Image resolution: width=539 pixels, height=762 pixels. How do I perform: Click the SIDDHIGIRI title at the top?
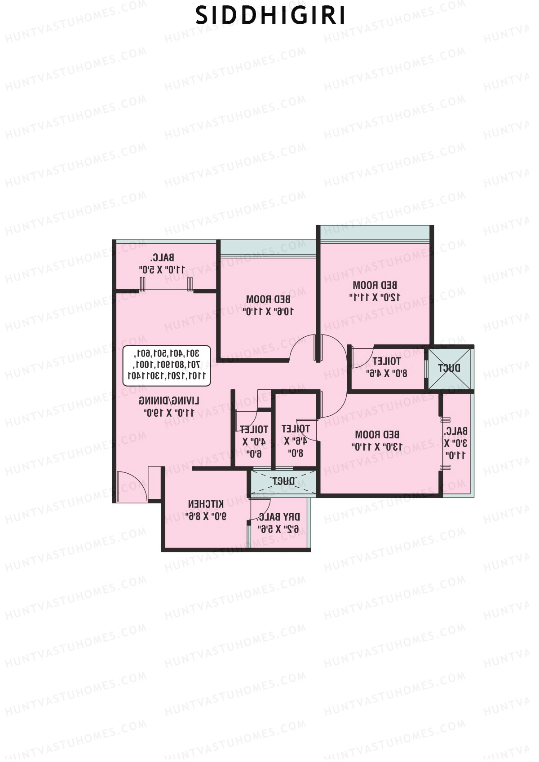point(271,16)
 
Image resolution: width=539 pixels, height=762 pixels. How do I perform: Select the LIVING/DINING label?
point(169,401)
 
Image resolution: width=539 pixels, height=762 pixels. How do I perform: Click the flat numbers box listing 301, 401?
point(167,366)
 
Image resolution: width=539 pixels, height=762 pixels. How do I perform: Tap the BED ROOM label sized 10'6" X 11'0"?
point(268,299)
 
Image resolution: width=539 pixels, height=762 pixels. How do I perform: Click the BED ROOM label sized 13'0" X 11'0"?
point(377,435)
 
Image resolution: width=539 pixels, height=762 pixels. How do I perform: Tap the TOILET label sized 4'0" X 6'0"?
point(254,430)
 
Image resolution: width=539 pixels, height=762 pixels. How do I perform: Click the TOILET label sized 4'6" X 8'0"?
point(295,429)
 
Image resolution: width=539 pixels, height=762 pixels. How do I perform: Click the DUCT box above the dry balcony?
point(283,481)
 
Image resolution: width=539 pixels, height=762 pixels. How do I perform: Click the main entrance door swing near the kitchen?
point(130,486)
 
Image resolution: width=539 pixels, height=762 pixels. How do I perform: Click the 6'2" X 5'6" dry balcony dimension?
point(279,529)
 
